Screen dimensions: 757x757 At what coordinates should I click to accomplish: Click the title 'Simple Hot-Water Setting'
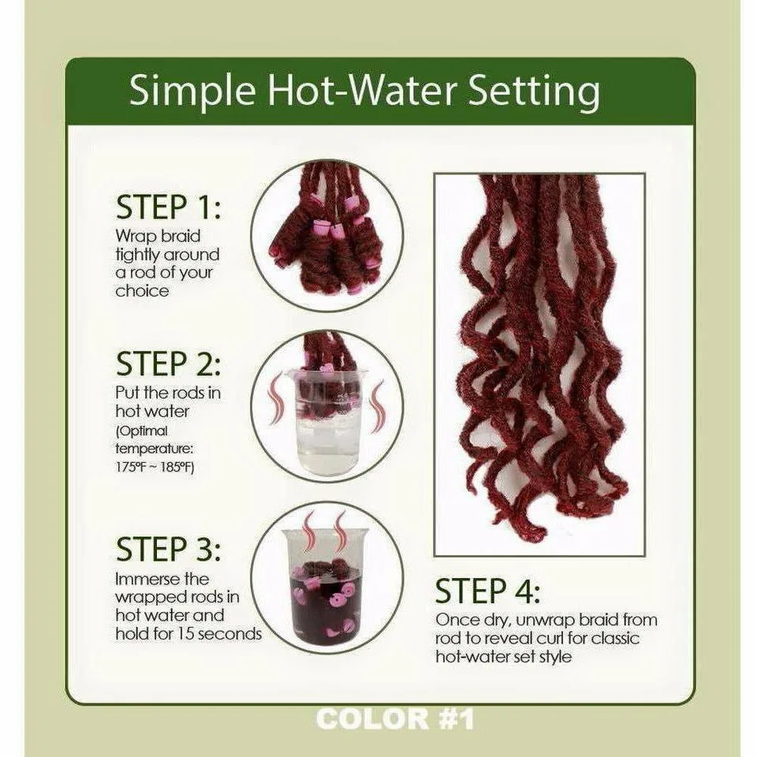click(x=364, y=91)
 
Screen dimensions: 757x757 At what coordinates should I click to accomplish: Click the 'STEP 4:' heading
click(x=489, y=591)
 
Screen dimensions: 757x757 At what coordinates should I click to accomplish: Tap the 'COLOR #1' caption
click(x=394, y=719)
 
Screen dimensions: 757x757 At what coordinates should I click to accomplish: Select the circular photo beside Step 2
click(x=327, y=405)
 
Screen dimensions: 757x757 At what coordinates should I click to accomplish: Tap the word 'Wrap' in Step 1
click(x=135, y=236)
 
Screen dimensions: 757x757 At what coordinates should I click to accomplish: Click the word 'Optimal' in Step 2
click(x=144, y=431)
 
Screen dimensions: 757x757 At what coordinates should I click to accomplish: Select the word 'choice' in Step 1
click(x=142, y=290)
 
